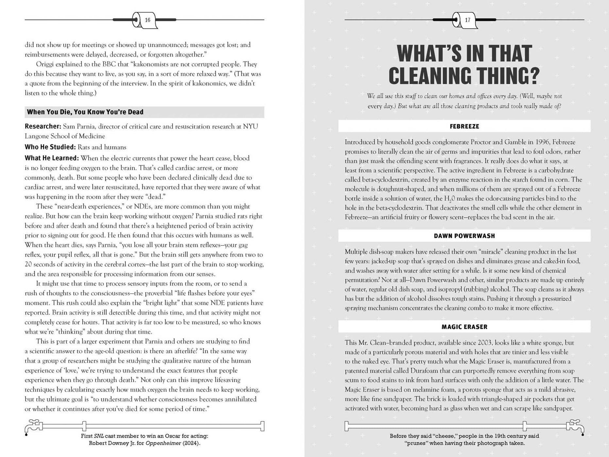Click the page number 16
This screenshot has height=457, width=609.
(x=148, y=20)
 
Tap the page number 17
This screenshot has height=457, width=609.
(x=467, y=20)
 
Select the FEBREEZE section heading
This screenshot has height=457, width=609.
(x=464, y=126)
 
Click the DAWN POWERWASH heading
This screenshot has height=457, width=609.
(x=464, y=236)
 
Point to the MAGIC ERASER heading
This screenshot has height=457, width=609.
(x=464, y=327)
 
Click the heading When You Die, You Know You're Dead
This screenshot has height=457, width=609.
(x=85, y=112)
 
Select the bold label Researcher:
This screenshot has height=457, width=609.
(x=43, y=126)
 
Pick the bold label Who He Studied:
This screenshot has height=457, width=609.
(x=50, y=147)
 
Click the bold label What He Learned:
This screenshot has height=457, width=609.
(x=52, y=158)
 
